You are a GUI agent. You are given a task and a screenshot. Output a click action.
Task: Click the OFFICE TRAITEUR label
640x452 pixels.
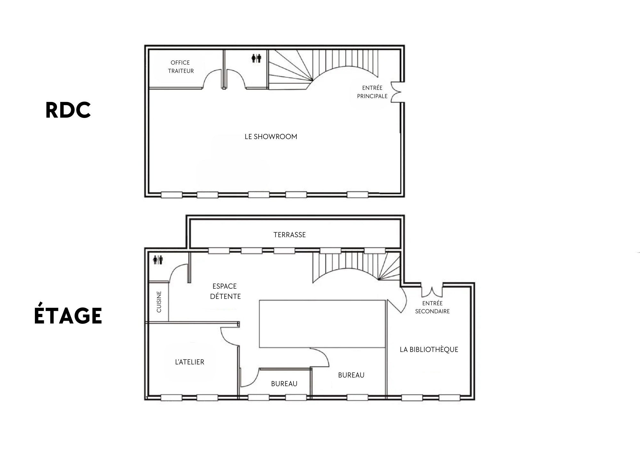181,67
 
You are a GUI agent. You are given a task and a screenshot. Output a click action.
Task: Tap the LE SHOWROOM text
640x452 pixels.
271,137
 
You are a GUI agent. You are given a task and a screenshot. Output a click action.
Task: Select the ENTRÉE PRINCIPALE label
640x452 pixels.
372,92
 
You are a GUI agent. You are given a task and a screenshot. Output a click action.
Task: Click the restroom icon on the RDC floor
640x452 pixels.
256,58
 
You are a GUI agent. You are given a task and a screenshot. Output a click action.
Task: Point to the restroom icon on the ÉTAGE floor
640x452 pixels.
158,260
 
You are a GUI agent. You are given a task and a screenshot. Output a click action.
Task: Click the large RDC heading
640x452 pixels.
68,110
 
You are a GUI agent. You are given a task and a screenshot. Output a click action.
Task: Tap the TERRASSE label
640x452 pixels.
290,235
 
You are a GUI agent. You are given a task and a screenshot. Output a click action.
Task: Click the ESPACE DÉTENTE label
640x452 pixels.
225,291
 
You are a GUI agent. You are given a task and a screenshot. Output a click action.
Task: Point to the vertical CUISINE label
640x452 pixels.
159,302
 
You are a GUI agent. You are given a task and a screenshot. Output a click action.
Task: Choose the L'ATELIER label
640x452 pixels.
189,362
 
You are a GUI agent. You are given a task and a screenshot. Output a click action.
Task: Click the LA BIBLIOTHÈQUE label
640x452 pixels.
429,349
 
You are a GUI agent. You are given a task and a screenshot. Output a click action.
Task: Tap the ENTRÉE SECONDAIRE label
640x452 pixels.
432,307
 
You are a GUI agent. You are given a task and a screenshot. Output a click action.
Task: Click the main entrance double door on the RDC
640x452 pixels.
397,93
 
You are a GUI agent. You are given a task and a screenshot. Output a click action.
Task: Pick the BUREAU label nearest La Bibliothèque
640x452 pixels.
351,375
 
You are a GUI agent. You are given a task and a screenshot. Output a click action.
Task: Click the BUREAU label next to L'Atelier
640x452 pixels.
284,384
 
